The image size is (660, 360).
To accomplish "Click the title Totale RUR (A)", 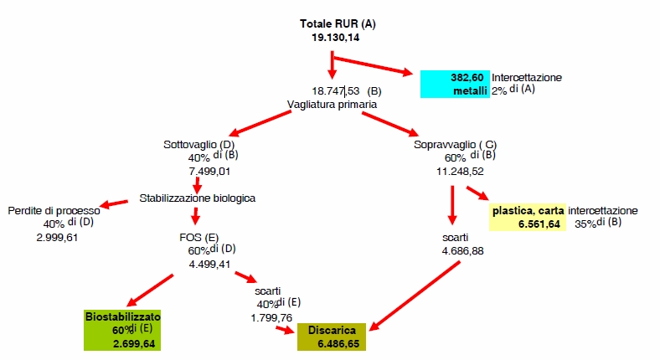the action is coord(338,24).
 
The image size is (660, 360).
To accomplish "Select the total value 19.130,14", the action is coord(336,38).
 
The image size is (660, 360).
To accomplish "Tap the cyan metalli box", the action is coord(455,84).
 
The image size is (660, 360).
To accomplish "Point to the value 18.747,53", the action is coord(336,91).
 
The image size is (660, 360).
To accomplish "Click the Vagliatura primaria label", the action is coord(332,105).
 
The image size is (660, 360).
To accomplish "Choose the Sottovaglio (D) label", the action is coord(199,145).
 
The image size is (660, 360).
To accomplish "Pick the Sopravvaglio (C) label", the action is coord(455,145).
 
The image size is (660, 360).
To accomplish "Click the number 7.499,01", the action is coord(209,172).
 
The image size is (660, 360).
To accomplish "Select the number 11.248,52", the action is coord(460,172).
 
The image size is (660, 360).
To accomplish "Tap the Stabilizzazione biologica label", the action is coord(198,198).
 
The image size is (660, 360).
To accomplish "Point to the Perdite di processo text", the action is coord(54,211).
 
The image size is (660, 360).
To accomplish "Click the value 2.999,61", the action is coord(57,238).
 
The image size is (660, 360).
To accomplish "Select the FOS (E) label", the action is coord(199,238).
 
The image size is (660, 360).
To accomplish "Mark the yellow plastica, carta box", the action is coord(528,218).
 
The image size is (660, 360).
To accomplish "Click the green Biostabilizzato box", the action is coord(122,330).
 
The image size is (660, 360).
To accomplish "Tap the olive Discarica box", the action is coord(332,337).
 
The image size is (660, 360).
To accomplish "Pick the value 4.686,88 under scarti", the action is coord(462,251).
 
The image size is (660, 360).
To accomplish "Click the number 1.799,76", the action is coord(271,318).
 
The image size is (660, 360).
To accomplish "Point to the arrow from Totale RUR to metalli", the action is coord(373,64).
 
